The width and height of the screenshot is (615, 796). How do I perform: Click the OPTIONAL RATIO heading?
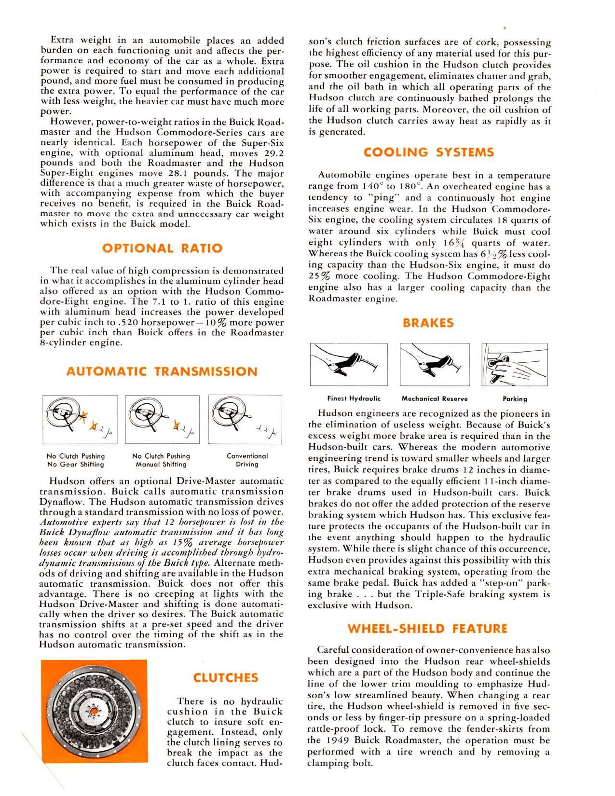pyautogui.click(x=163, y=248)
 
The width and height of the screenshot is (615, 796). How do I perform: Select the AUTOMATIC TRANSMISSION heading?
pyautogui.click(x=162, y=371)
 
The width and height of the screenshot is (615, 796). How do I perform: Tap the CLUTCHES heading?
pyautogui.click(x=225, y=677)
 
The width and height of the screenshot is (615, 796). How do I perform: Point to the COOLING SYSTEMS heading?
pyautogui.click(x=429, y=152)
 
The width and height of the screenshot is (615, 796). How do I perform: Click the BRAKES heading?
pyautogui.click(x=428, y=323)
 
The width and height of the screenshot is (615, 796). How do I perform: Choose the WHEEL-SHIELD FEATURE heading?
pyautogui.click(x=427, y=629)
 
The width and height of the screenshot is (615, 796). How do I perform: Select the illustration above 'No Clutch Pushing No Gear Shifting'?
pyautogui.click(x=80, y=419)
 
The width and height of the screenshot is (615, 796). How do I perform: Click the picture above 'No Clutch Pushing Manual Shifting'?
pyautogui.click(x=163, y=419)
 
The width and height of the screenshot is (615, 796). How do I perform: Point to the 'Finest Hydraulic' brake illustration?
pyautogui.click(x=349, y=364)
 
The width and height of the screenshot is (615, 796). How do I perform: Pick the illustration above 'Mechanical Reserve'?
pyautogui.click(x=434, y=364)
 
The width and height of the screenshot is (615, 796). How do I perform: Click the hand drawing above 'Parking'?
pyautogui.click(x=514, y=364)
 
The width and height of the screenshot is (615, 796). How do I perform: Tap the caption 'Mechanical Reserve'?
pyautogui.click(x=435, y=398)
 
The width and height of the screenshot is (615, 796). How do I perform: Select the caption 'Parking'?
pyautogui.click(x=515, y=399)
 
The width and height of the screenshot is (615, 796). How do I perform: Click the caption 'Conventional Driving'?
pyautogui.click(x=247, y=460)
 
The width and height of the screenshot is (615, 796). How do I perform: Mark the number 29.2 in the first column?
pyautogui.click(x=272, y=153)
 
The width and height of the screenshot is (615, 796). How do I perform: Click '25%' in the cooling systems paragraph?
pyautogui.click(x=319, y=276)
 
